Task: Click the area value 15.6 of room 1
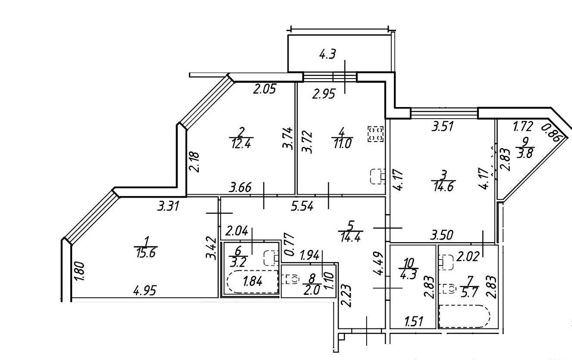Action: (x=145, y=253)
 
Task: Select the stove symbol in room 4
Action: (x=375, y=133)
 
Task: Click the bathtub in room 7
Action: (x=464, y=316)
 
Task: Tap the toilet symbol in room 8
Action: (x=292, y=279)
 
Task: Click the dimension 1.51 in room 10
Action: (x=413, y=321)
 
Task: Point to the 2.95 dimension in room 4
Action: (x=323, y=94)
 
